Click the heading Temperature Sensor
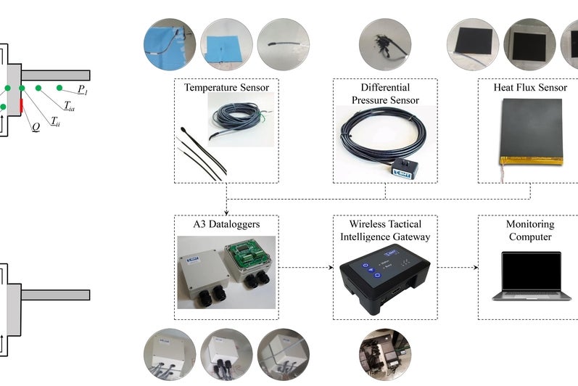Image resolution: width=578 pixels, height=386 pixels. pyautogui.click(x=226, y=88)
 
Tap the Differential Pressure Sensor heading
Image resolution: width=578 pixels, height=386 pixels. pyautogui.click(x=385, y=94)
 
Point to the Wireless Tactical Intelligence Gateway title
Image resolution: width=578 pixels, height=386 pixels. pyautogui.click(x=385, y=230)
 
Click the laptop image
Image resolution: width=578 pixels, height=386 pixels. pyautogui.click(x=527, y=276)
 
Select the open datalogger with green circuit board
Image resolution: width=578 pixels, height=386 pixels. pyautogui.click(x=250, y=263)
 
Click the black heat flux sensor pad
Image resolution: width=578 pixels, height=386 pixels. pyautogui.click(x=532, y=129)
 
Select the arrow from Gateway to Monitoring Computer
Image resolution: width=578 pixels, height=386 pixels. pyautogui.click(x=458, y=268)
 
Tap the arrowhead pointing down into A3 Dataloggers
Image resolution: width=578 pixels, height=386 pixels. pyautogui.click(x=226, y=210)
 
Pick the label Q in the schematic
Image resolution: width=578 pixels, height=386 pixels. pyautogui.click(x=35, y=125)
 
